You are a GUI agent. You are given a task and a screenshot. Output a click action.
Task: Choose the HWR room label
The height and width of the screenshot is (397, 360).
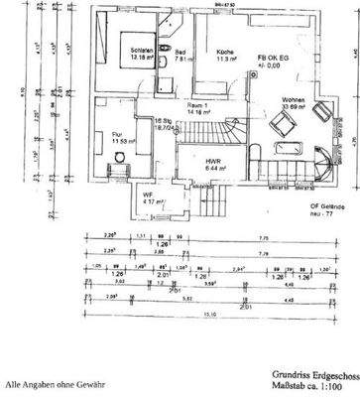[211, 161]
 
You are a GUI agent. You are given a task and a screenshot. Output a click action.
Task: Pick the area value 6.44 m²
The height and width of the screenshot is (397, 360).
[211, 169]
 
